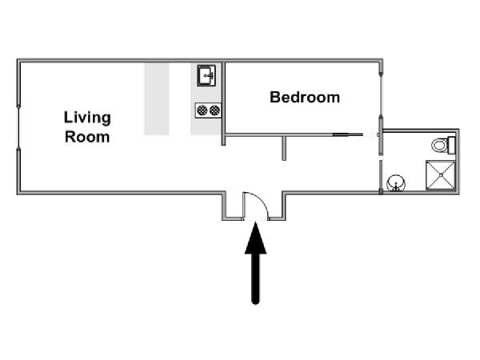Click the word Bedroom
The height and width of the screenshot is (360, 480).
point(305,98)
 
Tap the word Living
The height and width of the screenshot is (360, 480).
point(87,118)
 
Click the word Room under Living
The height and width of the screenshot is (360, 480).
point(87,137)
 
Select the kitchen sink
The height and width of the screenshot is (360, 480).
point(206,75)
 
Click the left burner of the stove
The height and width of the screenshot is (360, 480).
point(202,110)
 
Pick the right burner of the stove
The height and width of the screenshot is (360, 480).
point(214,110)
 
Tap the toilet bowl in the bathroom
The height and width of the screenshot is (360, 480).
point(440,145)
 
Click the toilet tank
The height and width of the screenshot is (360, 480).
point(451,145)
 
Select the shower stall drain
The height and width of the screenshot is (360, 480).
point(441,174)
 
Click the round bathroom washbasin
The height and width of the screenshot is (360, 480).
point(396,183)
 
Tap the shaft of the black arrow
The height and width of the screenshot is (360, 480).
point(256,278)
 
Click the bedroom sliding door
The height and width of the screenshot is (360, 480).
point(348,134)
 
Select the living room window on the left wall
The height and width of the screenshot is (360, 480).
point(18,127)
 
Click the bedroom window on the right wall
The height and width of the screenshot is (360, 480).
point(381,95)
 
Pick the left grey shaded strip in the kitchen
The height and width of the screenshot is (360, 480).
point(157,99)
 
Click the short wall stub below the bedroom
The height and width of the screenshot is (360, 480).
point(284,148)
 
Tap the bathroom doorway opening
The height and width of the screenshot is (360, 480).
point(381,158)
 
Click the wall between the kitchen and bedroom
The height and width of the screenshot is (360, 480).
point(223,104)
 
